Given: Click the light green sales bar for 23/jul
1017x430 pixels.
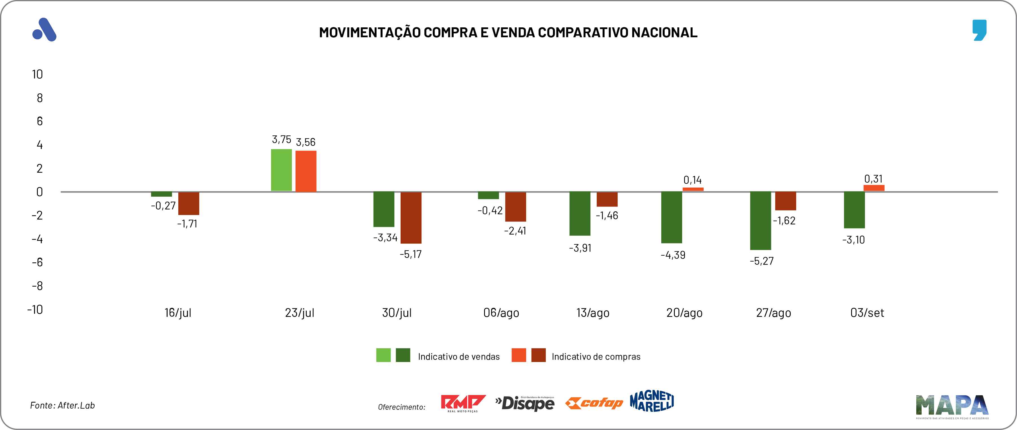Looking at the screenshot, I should click(281, 170).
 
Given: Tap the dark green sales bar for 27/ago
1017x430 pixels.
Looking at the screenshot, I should click(760, 221).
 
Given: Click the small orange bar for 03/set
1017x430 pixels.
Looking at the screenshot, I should click(874, 188).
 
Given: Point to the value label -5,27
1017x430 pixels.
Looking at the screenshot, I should click(762, 261).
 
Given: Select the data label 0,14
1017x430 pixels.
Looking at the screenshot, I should click(693, 180).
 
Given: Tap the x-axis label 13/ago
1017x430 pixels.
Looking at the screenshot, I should click(593, 313).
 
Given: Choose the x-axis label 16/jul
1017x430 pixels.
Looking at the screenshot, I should click(178, 313).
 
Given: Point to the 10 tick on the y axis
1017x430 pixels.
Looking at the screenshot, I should click(37, 74).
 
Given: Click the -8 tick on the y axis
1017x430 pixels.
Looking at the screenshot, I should click(37, 286).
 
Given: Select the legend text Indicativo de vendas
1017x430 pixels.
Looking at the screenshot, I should click(458, 357).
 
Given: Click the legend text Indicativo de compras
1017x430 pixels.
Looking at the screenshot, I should click(596, 357).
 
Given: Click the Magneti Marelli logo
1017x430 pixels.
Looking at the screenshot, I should click(652, 401).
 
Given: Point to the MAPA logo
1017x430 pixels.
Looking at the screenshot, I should click(952, 406).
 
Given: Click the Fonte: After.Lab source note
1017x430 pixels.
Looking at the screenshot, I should click(62, 405).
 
